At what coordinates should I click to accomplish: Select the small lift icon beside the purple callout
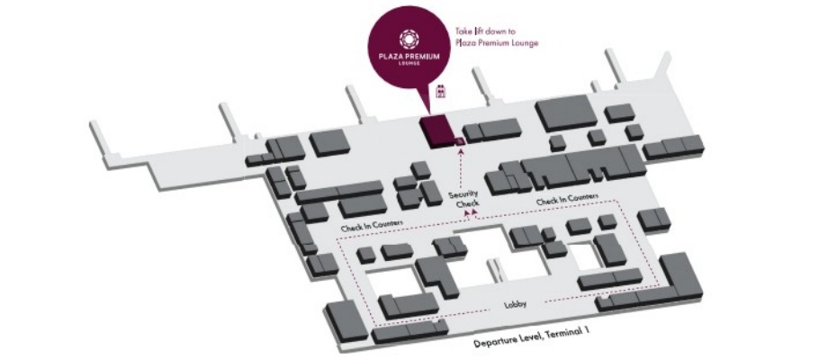441,90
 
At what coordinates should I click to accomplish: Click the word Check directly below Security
468,204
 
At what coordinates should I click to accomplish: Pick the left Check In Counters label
371,224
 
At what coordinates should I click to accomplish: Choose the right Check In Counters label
567,198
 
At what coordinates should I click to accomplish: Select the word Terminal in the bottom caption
574,335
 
